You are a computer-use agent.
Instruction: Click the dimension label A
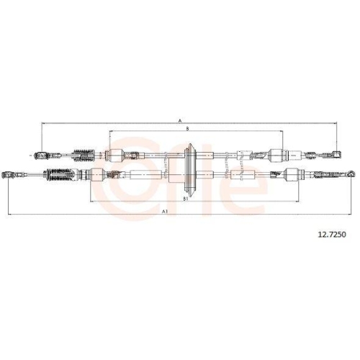point(180,120)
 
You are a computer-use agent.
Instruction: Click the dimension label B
point(187,129)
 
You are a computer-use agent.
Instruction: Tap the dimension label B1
point(185,199)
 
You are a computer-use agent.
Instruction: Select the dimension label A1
point(164,212)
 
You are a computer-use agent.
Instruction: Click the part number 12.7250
point(332,235)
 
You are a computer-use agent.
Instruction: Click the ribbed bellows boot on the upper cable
point(83,155)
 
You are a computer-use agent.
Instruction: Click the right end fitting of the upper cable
point(337,155)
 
